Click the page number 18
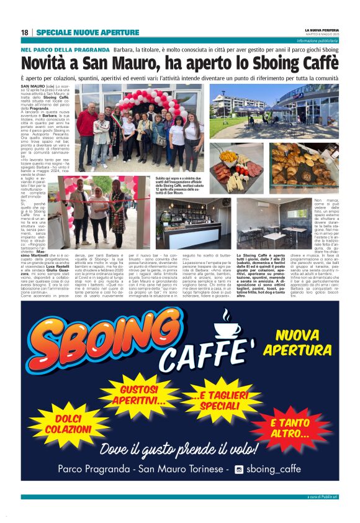24,32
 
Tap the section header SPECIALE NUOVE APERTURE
88,32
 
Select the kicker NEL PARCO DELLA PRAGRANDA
65,49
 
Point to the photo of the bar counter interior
193,224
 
